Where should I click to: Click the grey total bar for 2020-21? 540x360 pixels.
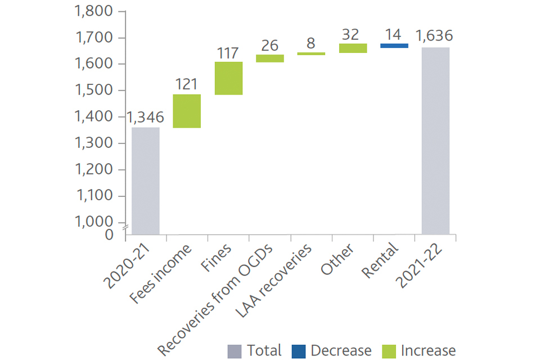pyautogui.click(x=145, y=180)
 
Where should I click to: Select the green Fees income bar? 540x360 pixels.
pyautogui.click(x=187, y=111)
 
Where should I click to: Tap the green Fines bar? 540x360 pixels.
pyautogui.click(x=228, y=78)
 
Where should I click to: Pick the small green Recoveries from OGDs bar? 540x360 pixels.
pyautogui.click(x=270, y=58)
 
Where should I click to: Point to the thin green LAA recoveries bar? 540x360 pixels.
pyautogui.click(x=312, y=53)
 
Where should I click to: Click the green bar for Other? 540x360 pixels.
pyautogui.click(x=353, y=48)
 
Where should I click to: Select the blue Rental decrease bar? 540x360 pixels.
pyautogui.click(x=394, y=46)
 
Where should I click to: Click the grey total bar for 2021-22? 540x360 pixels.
pyautogui.click(x=435, y=141)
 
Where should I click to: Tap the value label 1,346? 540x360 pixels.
pyautogui.click(x=145, y=117)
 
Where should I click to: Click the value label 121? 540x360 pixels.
pyautogui.click(x=187, y=84)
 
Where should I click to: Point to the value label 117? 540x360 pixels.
pyautogui.click(x=228, y=53)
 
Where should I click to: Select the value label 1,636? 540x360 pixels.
pyautogui.click(x=434, y=37)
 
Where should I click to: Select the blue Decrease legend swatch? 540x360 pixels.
pyautogui.click(x=299, y=351)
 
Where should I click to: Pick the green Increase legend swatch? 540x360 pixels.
pyautogui.click(x=389, y=351)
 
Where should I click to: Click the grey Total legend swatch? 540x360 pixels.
pyautogui.click(x=235, y=351)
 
